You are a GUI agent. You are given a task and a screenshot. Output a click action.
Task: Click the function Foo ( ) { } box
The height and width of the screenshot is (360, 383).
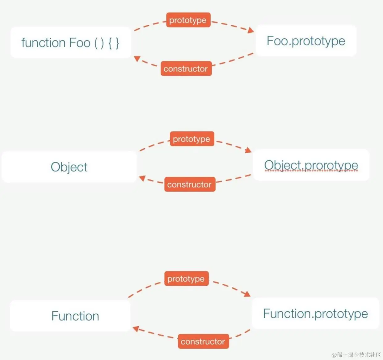[x=70, y=42]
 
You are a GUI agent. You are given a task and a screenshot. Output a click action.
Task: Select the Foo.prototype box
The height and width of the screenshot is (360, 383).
[x=306, y=41]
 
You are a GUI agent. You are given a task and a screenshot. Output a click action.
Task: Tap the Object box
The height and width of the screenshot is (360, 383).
[x=69, y=167]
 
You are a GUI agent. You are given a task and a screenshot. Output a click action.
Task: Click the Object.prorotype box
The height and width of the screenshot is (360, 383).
[x=311, y=165]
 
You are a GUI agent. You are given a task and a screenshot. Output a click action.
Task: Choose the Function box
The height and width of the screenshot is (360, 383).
[x=75, y=316]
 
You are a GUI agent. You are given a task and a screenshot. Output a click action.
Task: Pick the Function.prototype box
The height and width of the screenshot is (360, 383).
[x=315, y=313]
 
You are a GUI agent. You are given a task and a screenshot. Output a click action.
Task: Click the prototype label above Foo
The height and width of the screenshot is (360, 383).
[x=188, y=20]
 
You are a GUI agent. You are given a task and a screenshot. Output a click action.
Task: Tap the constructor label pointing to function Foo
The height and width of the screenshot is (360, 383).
[x=186, y=68]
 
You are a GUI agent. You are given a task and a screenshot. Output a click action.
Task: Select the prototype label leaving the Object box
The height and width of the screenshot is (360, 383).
[x=192, y=139]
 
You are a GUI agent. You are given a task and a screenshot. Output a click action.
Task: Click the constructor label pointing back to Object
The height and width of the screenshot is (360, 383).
[x=189, y=184]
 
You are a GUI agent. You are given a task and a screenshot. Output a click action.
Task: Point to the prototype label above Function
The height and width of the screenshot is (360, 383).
[x=186, y=279]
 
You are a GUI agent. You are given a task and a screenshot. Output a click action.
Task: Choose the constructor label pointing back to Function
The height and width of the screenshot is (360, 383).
[x=203, y=341]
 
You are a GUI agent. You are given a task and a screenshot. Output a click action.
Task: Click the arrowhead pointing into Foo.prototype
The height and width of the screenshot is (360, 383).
[x=251, y=30]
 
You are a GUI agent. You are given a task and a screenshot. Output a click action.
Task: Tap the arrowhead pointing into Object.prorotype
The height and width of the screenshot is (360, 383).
[x=248, y=150]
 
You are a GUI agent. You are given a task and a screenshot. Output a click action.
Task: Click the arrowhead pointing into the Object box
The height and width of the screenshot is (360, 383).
[x=142, y=178]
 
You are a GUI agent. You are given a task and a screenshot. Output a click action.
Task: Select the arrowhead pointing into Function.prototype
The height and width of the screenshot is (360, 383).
[x=247, y=294]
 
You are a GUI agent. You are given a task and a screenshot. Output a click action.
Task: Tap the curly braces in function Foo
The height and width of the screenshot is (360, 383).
[x=113, y=43]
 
